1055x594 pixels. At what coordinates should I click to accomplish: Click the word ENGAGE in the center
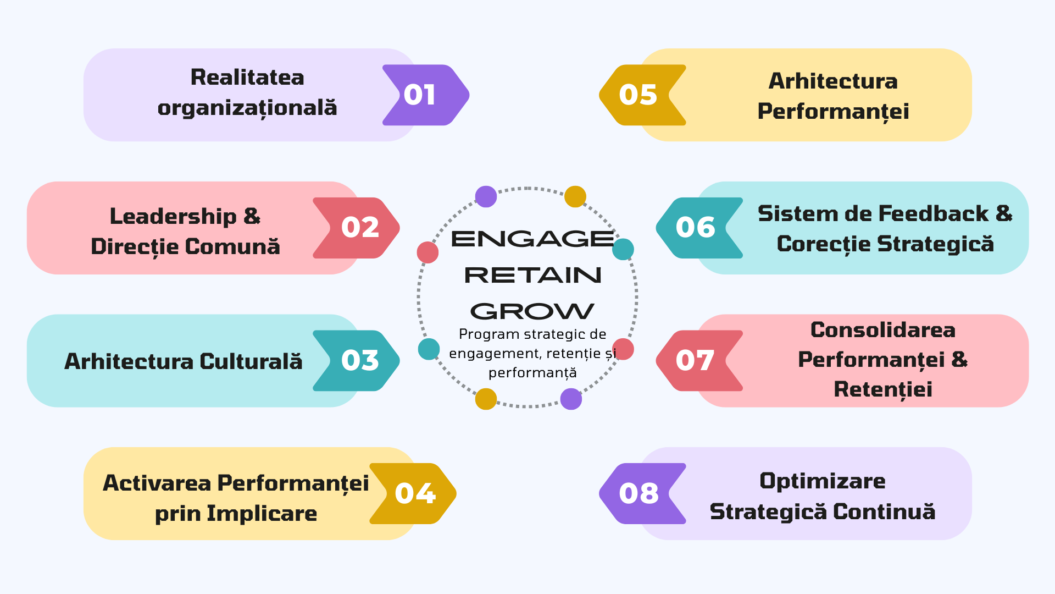[532, 239]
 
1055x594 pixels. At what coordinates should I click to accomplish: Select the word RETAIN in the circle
[532, 275]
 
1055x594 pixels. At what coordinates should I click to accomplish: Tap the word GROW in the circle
[532, 311]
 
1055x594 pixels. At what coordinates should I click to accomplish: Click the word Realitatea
[247, 78]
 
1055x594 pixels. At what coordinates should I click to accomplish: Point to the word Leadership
[173, 217]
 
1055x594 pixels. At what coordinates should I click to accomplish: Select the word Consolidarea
[882, 330]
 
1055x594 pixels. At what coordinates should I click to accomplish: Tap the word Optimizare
[822, 481]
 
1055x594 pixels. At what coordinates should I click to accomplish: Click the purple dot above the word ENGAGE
[486, 196]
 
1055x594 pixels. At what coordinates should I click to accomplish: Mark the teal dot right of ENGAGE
[623, 249]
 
